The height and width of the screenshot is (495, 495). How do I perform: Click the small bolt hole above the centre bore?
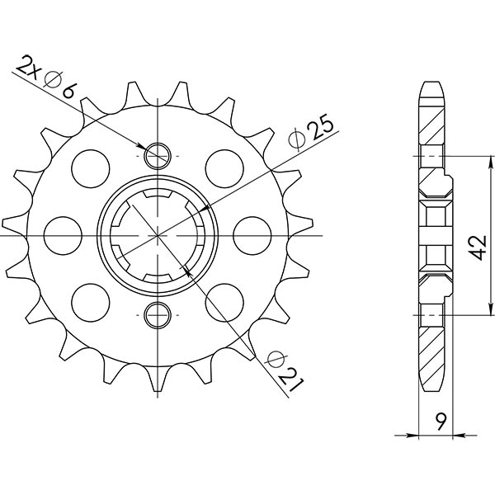[x=157, y=154]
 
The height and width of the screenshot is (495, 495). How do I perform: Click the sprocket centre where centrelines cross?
[x=157, y=234]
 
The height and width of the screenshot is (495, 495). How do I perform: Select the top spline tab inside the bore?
[x=157, y=196]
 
